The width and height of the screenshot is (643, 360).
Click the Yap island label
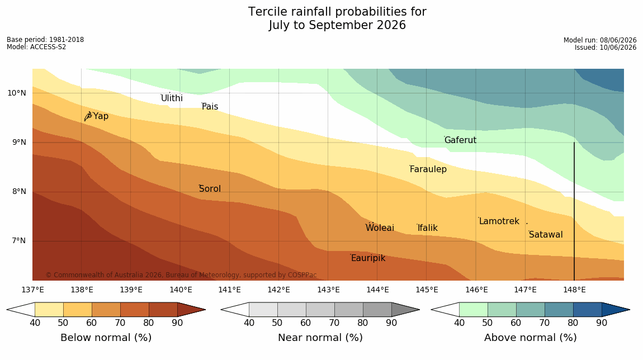click(x=101, y=116)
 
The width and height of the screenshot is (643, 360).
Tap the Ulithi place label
click(x=172, y=98)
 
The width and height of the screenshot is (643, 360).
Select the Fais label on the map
click(x=210, y=107)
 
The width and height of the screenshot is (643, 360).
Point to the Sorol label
click(x=210, y=189)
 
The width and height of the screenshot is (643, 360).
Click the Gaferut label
click(x=461, y=140)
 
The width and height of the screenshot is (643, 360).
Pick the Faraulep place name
click(x=428, y=169)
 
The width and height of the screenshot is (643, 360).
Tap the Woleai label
click(x=380, y=228)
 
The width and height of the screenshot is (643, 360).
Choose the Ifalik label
click(x=428, y=228)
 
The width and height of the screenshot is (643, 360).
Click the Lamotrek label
click(x=499, y=221)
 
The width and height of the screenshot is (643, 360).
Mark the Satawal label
click(x=546, y=235)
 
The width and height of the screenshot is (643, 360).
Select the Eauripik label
click(x=368, y=258)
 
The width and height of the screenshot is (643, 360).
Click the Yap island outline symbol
click(x=88, y=116)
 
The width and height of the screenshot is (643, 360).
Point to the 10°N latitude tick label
click(x=17, y=93)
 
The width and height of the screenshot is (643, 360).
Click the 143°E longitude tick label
click(x=328, y=290)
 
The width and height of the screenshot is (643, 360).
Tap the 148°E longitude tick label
click(x=574, y=290)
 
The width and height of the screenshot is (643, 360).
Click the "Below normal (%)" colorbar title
click(x=106, y=338)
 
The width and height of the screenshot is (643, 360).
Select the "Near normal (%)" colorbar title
click(x=320, y=338)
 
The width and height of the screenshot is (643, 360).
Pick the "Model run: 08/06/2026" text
click(x=600, y=40)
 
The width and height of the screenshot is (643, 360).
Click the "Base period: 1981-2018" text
click(x=45, y=40)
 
